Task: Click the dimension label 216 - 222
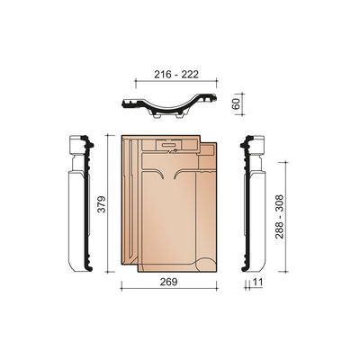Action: (x=176, y=75)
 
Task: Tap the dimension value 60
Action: (x=237, y=103)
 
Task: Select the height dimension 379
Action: (x=102, y=204)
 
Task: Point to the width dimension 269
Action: (x=169, y=282)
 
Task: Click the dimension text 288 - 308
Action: (x=279, y=217)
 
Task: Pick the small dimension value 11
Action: (x=257, y=282)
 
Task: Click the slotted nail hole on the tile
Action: (x=169, y=145)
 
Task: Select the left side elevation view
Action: (x=80, y=204)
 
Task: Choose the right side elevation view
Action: (x=253, y=204)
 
